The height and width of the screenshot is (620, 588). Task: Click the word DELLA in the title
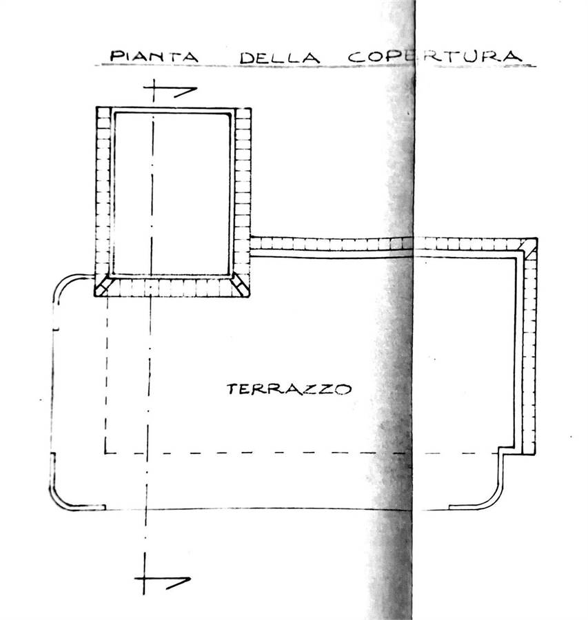pos(279,56)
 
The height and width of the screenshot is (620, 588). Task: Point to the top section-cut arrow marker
pos(172,90)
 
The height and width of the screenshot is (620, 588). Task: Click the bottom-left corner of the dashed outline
pos(106,453)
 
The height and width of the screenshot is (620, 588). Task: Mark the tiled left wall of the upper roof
pos(103,193)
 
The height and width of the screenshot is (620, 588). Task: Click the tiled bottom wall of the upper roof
pos(172,287)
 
